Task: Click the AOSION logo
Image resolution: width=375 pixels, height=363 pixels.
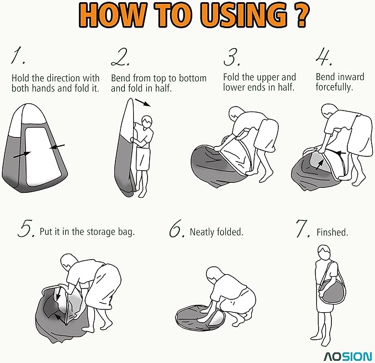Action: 348,356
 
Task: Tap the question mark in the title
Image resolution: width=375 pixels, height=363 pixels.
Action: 302,15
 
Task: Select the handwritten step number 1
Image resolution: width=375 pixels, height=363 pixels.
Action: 18,56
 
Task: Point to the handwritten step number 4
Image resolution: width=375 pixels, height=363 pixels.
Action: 323,57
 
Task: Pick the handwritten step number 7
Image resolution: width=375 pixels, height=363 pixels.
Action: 303,229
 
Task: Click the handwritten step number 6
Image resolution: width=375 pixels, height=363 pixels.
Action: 177,229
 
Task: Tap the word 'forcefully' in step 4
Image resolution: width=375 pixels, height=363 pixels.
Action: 334,87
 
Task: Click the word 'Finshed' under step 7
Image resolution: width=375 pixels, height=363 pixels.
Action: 332,232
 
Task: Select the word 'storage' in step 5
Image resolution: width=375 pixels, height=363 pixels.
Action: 101,232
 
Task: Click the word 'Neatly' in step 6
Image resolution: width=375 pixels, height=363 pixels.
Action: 202,232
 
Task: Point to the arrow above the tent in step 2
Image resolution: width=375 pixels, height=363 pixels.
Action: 143,102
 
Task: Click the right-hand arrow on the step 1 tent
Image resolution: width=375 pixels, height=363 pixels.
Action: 57,146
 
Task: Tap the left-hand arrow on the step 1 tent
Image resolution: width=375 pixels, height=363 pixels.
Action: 22,155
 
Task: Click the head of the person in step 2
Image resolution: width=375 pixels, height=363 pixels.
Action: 147,122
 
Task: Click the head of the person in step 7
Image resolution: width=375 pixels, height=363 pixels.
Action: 324,252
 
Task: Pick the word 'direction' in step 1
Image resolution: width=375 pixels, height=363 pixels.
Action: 63,78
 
